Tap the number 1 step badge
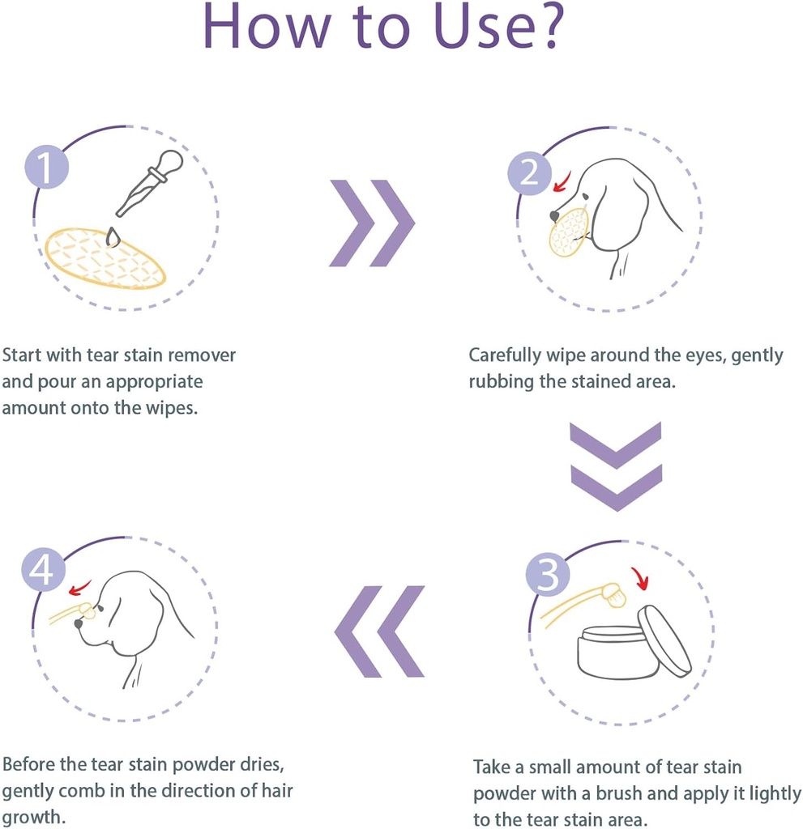[x=46, y=168]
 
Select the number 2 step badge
[x=529, y=173]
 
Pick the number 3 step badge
[x=548, y=576]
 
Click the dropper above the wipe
[x=151, y=182]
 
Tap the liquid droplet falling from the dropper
[x=112, y=237]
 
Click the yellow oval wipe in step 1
[x=105, y=258]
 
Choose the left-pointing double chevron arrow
[x=379, y=631]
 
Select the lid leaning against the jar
[x=664, y=640]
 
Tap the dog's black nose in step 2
[x=554, y=216]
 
